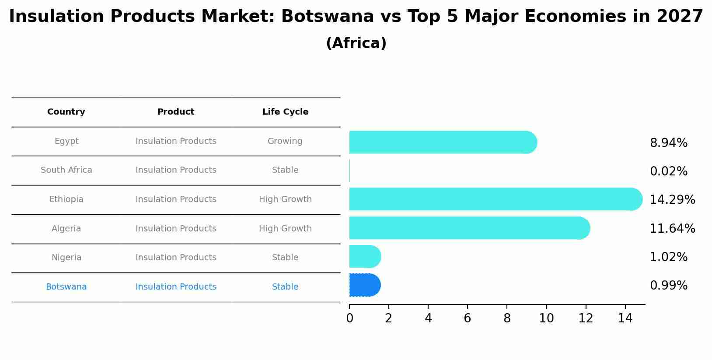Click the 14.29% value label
point(672,200)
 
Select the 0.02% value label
point(668,171)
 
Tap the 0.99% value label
point(668,286)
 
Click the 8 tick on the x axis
point(507,318)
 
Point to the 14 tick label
point(625,318)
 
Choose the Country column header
point(66,112)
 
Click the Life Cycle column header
point(285,112)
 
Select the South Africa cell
point(66,170)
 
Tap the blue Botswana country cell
point(66,287)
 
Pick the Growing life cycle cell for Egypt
point(285,141)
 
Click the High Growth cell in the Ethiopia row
point(285,199)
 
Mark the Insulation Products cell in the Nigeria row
point(176,258)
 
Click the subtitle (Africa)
point(356,43)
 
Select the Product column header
point(176,112)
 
